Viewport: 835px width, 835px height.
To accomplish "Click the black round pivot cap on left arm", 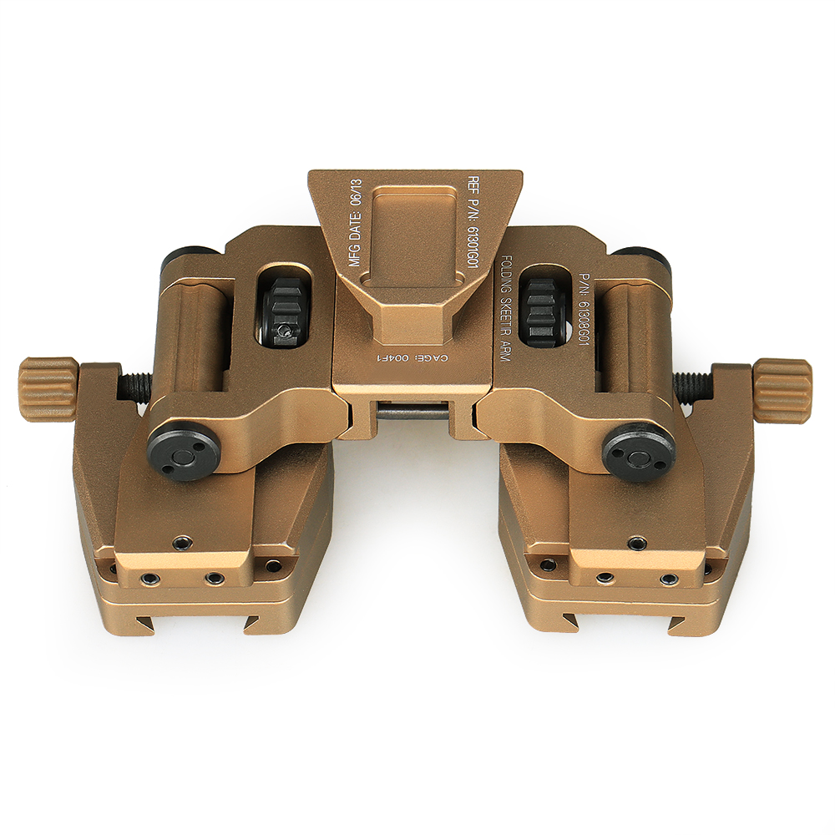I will click(x=182, y=453).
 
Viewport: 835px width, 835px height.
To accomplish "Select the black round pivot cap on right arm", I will click(x=638, y=453).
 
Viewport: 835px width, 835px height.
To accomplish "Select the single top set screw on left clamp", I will click(x=180, y=543).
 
